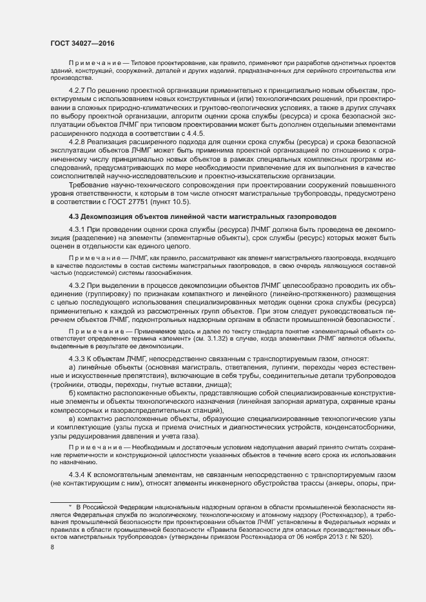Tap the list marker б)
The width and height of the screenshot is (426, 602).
(x=71, y=393)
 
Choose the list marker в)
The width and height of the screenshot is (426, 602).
(x=71, y=419)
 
